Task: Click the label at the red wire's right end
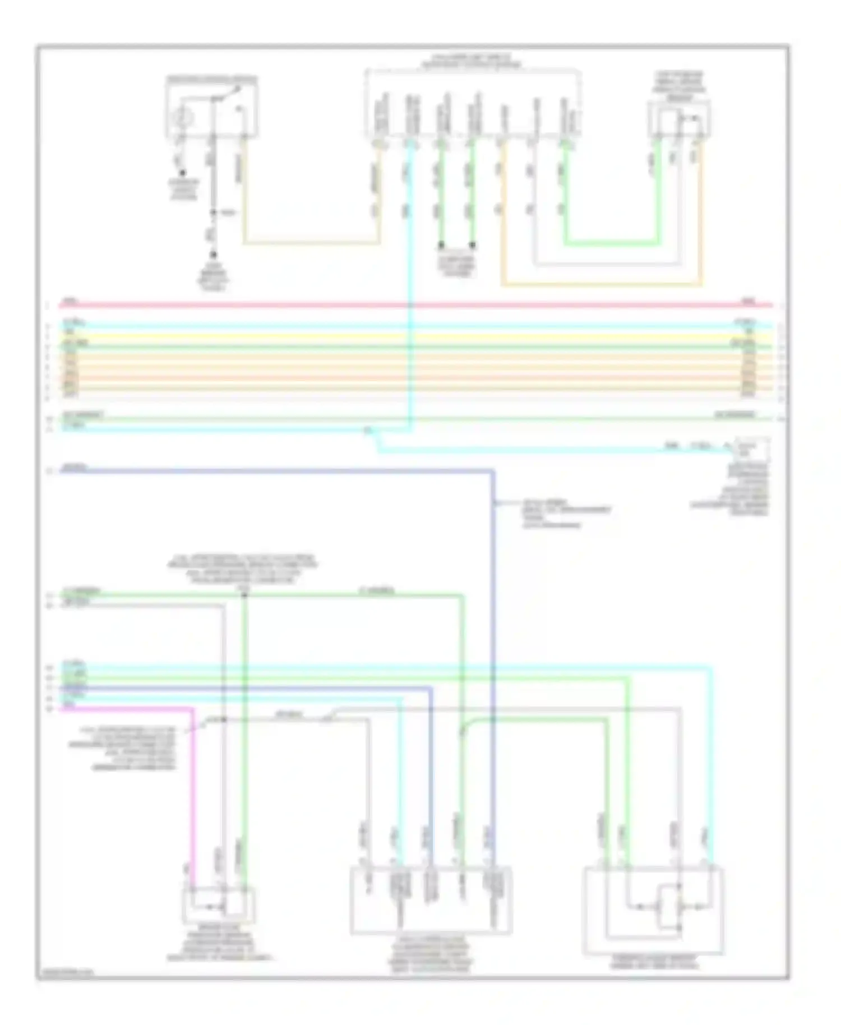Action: click(x=748, y=301)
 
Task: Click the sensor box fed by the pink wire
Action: click(x=219, y=905)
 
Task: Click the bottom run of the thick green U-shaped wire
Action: click(x=611, y=243)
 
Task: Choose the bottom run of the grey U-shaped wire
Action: click(x=606, y=264)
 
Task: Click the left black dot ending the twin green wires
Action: click(x=441, y=245)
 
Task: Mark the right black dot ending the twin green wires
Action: click(x=473, y=245)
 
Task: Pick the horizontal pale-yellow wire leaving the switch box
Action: click(x=311, y=243)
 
